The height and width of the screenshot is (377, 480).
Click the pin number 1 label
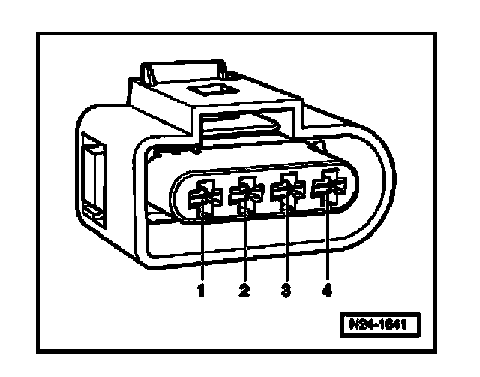201,290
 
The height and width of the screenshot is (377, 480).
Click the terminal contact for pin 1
202,198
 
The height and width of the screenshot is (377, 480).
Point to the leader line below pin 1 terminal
202,248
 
